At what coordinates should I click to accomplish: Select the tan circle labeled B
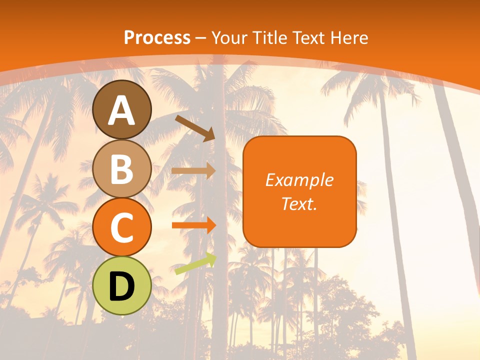[122, 169]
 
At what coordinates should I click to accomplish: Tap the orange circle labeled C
[122, 227]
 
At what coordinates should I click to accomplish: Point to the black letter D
[122, 286]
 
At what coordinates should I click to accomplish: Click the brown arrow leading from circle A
[195, 127]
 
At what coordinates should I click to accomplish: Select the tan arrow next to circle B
[193, 170]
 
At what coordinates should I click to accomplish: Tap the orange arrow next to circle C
[193, 225]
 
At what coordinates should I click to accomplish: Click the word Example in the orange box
[299, 180]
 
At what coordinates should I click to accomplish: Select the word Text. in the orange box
[299, 203]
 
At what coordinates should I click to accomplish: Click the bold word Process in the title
[157, 37]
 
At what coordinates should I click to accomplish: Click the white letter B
[122, 169]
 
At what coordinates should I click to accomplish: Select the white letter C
[122, 227]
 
